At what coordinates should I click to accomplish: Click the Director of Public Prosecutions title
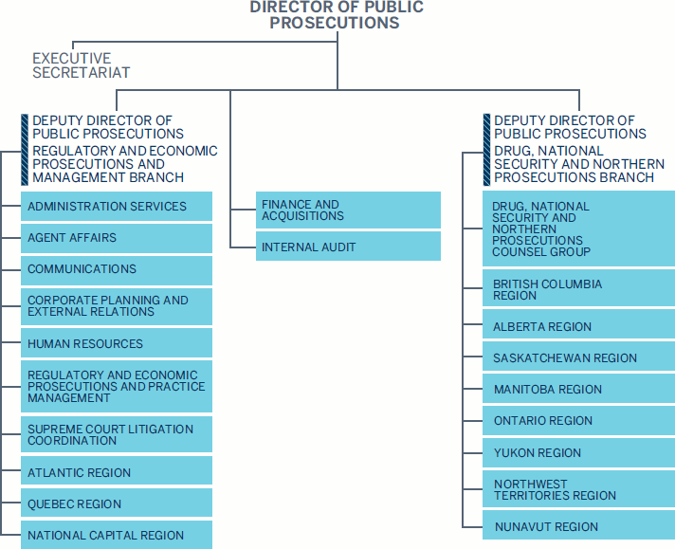[337, 15]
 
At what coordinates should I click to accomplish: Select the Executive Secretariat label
[81, 65]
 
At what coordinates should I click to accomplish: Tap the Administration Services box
[117, 207]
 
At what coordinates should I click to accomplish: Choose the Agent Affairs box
[117, 238]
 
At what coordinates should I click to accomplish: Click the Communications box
[117, 269]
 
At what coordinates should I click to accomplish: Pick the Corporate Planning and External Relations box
[117, 306]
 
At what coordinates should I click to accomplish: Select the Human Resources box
[117, 343]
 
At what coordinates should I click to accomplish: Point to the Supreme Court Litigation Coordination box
[117, 435]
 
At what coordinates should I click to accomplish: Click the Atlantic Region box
[117, 472]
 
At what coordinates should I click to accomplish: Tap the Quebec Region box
[117, 503]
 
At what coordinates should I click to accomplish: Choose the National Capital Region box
[117, 535]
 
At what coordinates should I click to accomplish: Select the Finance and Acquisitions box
[348, 210]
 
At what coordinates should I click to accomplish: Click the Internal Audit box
[348, 247]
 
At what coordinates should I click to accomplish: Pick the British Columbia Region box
[578, 290]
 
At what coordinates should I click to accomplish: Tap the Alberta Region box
[578, 327]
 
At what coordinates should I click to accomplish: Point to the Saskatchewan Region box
[578, 358]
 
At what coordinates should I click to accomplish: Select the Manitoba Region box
[578, 390]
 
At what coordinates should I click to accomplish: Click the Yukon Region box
[578, 452]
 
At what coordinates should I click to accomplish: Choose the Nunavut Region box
[578, 526]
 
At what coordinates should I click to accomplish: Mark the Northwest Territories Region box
[578, 489]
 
